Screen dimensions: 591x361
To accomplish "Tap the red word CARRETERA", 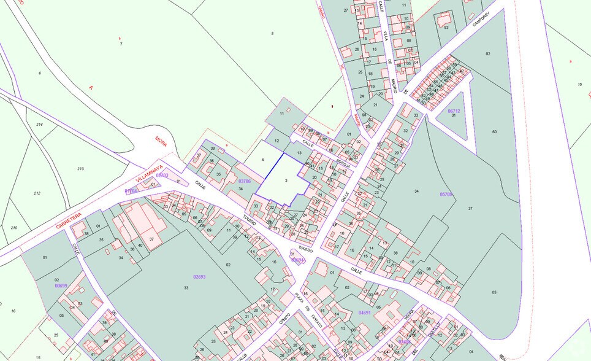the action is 69,220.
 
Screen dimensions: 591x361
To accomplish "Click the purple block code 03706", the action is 245,181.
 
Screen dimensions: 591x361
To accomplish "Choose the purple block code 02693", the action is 199,277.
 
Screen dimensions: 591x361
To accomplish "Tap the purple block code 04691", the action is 364,312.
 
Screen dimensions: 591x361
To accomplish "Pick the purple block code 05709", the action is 446,194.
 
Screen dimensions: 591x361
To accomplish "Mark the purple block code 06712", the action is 454,111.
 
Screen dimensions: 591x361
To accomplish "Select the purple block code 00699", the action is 61,285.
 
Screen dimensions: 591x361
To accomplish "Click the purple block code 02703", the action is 162,176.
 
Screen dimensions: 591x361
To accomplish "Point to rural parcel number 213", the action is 80,168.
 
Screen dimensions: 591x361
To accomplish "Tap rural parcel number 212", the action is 37,193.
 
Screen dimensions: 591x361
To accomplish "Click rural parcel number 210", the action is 13,228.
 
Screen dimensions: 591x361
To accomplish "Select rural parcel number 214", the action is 39,125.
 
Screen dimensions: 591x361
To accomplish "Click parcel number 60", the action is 494,131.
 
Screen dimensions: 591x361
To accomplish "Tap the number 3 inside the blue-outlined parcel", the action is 286,180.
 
